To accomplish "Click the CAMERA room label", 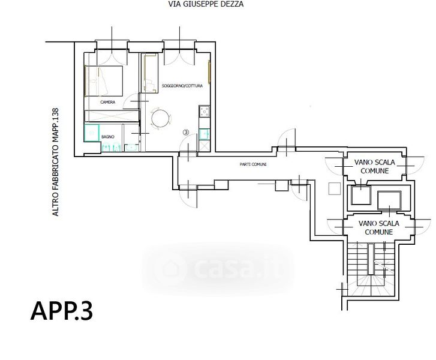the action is pos(107,102).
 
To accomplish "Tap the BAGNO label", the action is pos(108,137).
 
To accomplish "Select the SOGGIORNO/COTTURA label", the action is pos(182,86).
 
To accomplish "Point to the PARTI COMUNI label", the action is pos(253,164).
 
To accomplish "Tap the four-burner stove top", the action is pos(205,112).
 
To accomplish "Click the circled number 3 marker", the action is pos(186,133).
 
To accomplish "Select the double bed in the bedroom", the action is pos(104,80).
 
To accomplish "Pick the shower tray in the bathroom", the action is pos(92,133).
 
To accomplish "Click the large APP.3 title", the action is pos(61,311).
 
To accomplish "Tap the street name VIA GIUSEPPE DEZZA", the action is pos(206,4).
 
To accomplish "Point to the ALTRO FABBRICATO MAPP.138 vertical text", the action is pos(56,162).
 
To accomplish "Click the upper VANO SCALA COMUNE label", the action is pos(375,166).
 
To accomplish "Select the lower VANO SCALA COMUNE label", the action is pos(378,227).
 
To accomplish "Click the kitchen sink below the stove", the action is pos(204,134).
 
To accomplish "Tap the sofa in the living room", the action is pos(149,73).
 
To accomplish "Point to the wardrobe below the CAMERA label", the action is pos(112,116).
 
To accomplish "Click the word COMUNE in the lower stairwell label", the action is pos(378,232).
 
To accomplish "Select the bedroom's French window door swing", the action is pos(112,58).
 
